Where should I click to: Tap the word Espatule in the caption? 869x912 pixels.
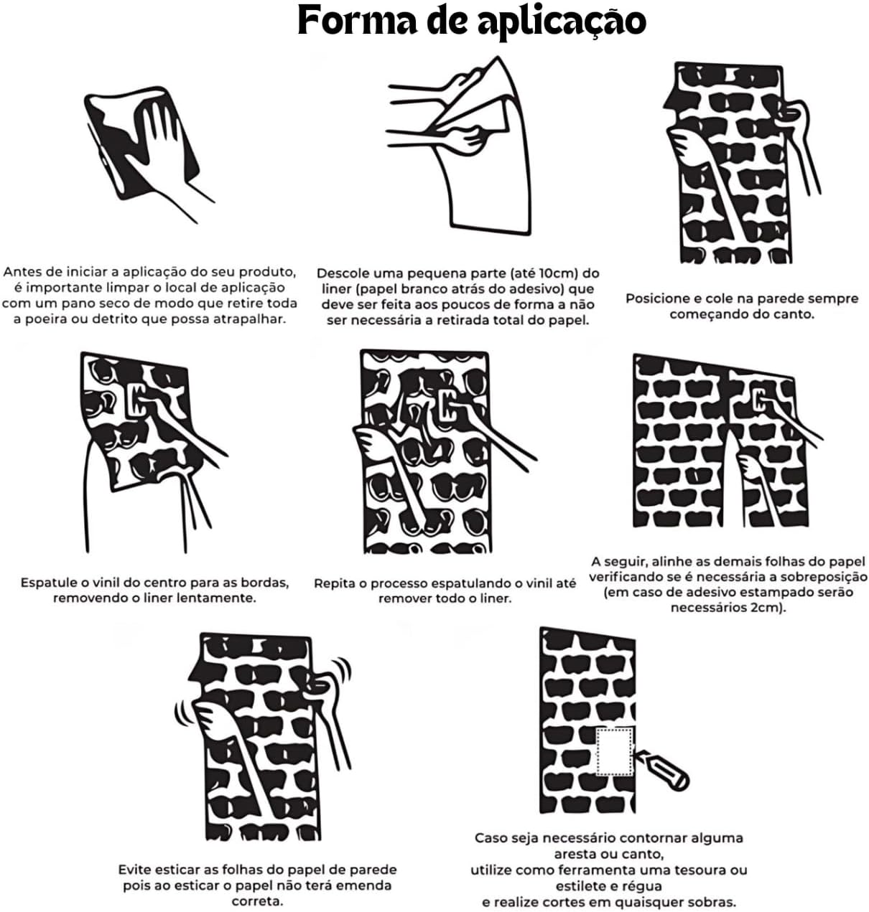click(x=48, y=583)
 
